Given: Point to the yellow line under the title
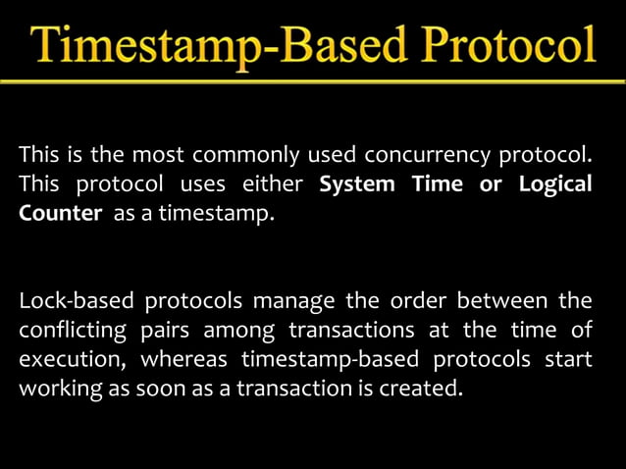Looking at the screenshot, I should coord(313,81).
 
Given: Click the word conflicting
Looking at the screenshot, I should coord(72,330).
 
